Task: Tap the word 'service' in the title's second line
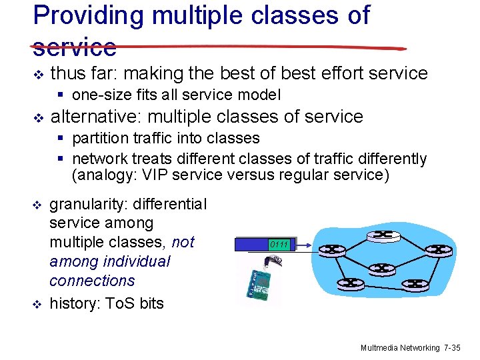[75, 47]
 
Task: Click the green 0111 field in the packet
[279, 245]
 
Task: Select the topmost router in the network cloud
[383, 234]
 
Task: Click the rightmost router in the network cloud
[438, 250]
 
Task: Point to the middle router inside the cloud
[382, 268]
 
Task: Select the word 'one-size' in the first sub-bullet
[99, 94]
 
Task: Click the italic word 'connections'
[92, 281]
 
